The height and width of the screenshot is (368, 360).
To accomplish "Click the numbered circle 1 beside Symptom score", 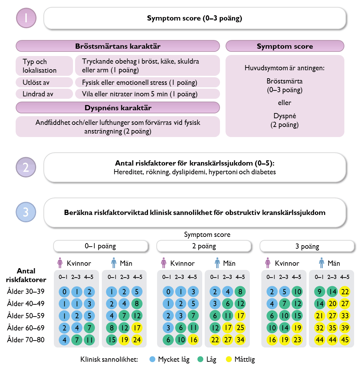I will point(26,18).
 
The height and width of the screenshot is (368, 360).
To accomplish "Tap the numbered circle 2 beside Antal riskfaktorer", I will point(26,167).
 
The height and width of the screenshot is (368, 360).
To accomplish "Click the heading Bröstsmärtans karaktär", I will point(118,46).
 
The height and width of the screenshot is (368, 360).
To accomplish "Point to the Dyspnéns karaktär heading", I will point(118,108).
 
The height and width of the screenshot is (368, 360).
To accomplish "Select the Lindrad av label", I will point(38,94).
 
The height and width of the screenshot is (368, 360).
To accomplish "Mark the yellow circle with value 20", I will point(332,304).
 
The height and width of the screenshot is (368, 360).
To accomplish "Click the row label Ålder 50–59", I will point(26,315).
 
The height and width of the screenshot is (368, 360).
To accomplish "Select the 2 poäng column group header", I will point(204,246).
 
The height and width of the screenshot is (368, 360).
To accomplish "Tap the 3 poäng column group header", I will point(307,246).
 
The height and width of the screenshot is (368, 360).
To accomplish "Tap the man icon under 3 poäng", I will point(321,263).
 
